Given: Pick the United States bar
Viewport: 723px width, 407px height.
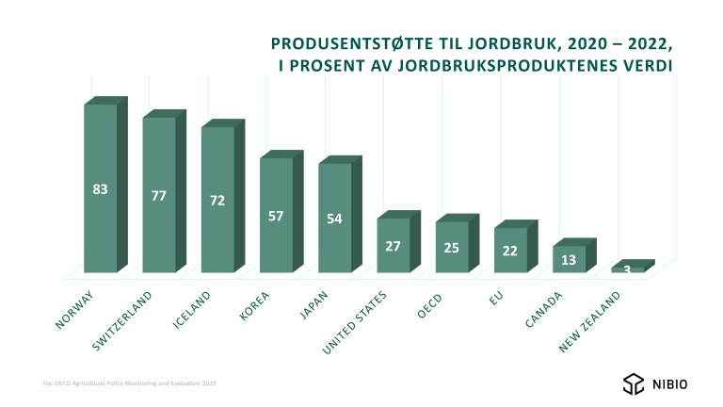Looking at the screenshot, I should coord(394,254).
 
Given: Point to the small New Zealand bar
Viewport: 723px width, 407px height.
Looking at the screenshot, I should coord(628,269).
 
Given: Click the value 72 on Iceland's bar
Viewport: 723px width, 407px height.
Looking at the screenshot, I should coord(217,202).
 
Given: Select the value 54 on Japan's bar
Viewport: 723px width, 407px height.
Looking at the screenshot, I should coord(335,220).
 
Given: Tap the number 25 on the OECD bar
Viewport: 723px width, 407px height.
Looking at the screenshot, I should coord(452,248).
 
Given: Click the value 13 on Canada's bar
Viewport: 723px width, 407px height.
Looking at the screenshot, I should coord(569,260).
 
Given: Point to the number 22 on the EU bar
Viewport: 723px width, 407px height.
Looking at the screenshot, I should coord(510,251).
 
